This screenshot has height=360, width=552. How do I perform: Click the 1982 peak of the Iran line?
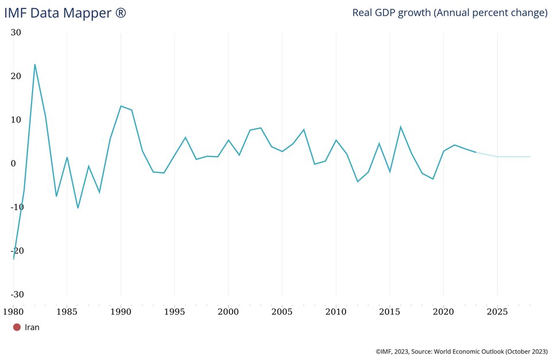34,64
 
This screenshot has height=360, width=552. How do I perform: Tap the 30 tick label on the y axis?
16,33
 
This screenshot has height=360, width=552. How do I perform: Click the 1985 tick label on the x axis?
67,312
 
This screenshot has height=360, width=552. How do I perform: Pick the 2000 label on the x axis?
228,312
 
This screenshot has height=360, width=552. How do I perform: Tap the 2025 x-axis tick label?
497,312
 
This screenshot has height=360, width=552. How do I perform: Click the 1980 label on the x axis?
13,312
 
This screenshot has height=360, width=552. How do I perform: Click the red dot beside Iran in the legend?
17,327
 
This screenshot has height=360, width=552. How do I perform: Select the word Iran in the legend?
32,327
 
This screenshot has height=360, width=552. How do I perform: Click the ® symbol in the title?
120,13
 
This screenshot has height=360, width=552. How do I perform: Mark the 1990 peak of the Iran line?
121,106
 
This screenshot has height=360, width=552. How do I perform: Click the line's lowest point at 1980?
13,259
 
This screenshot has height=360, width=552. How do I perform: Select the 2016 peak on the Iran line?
400,127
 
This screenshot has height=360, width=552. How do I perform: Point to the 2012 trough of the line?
357,182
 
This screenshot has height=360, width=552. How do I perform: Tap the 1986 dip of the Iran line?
78,208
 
